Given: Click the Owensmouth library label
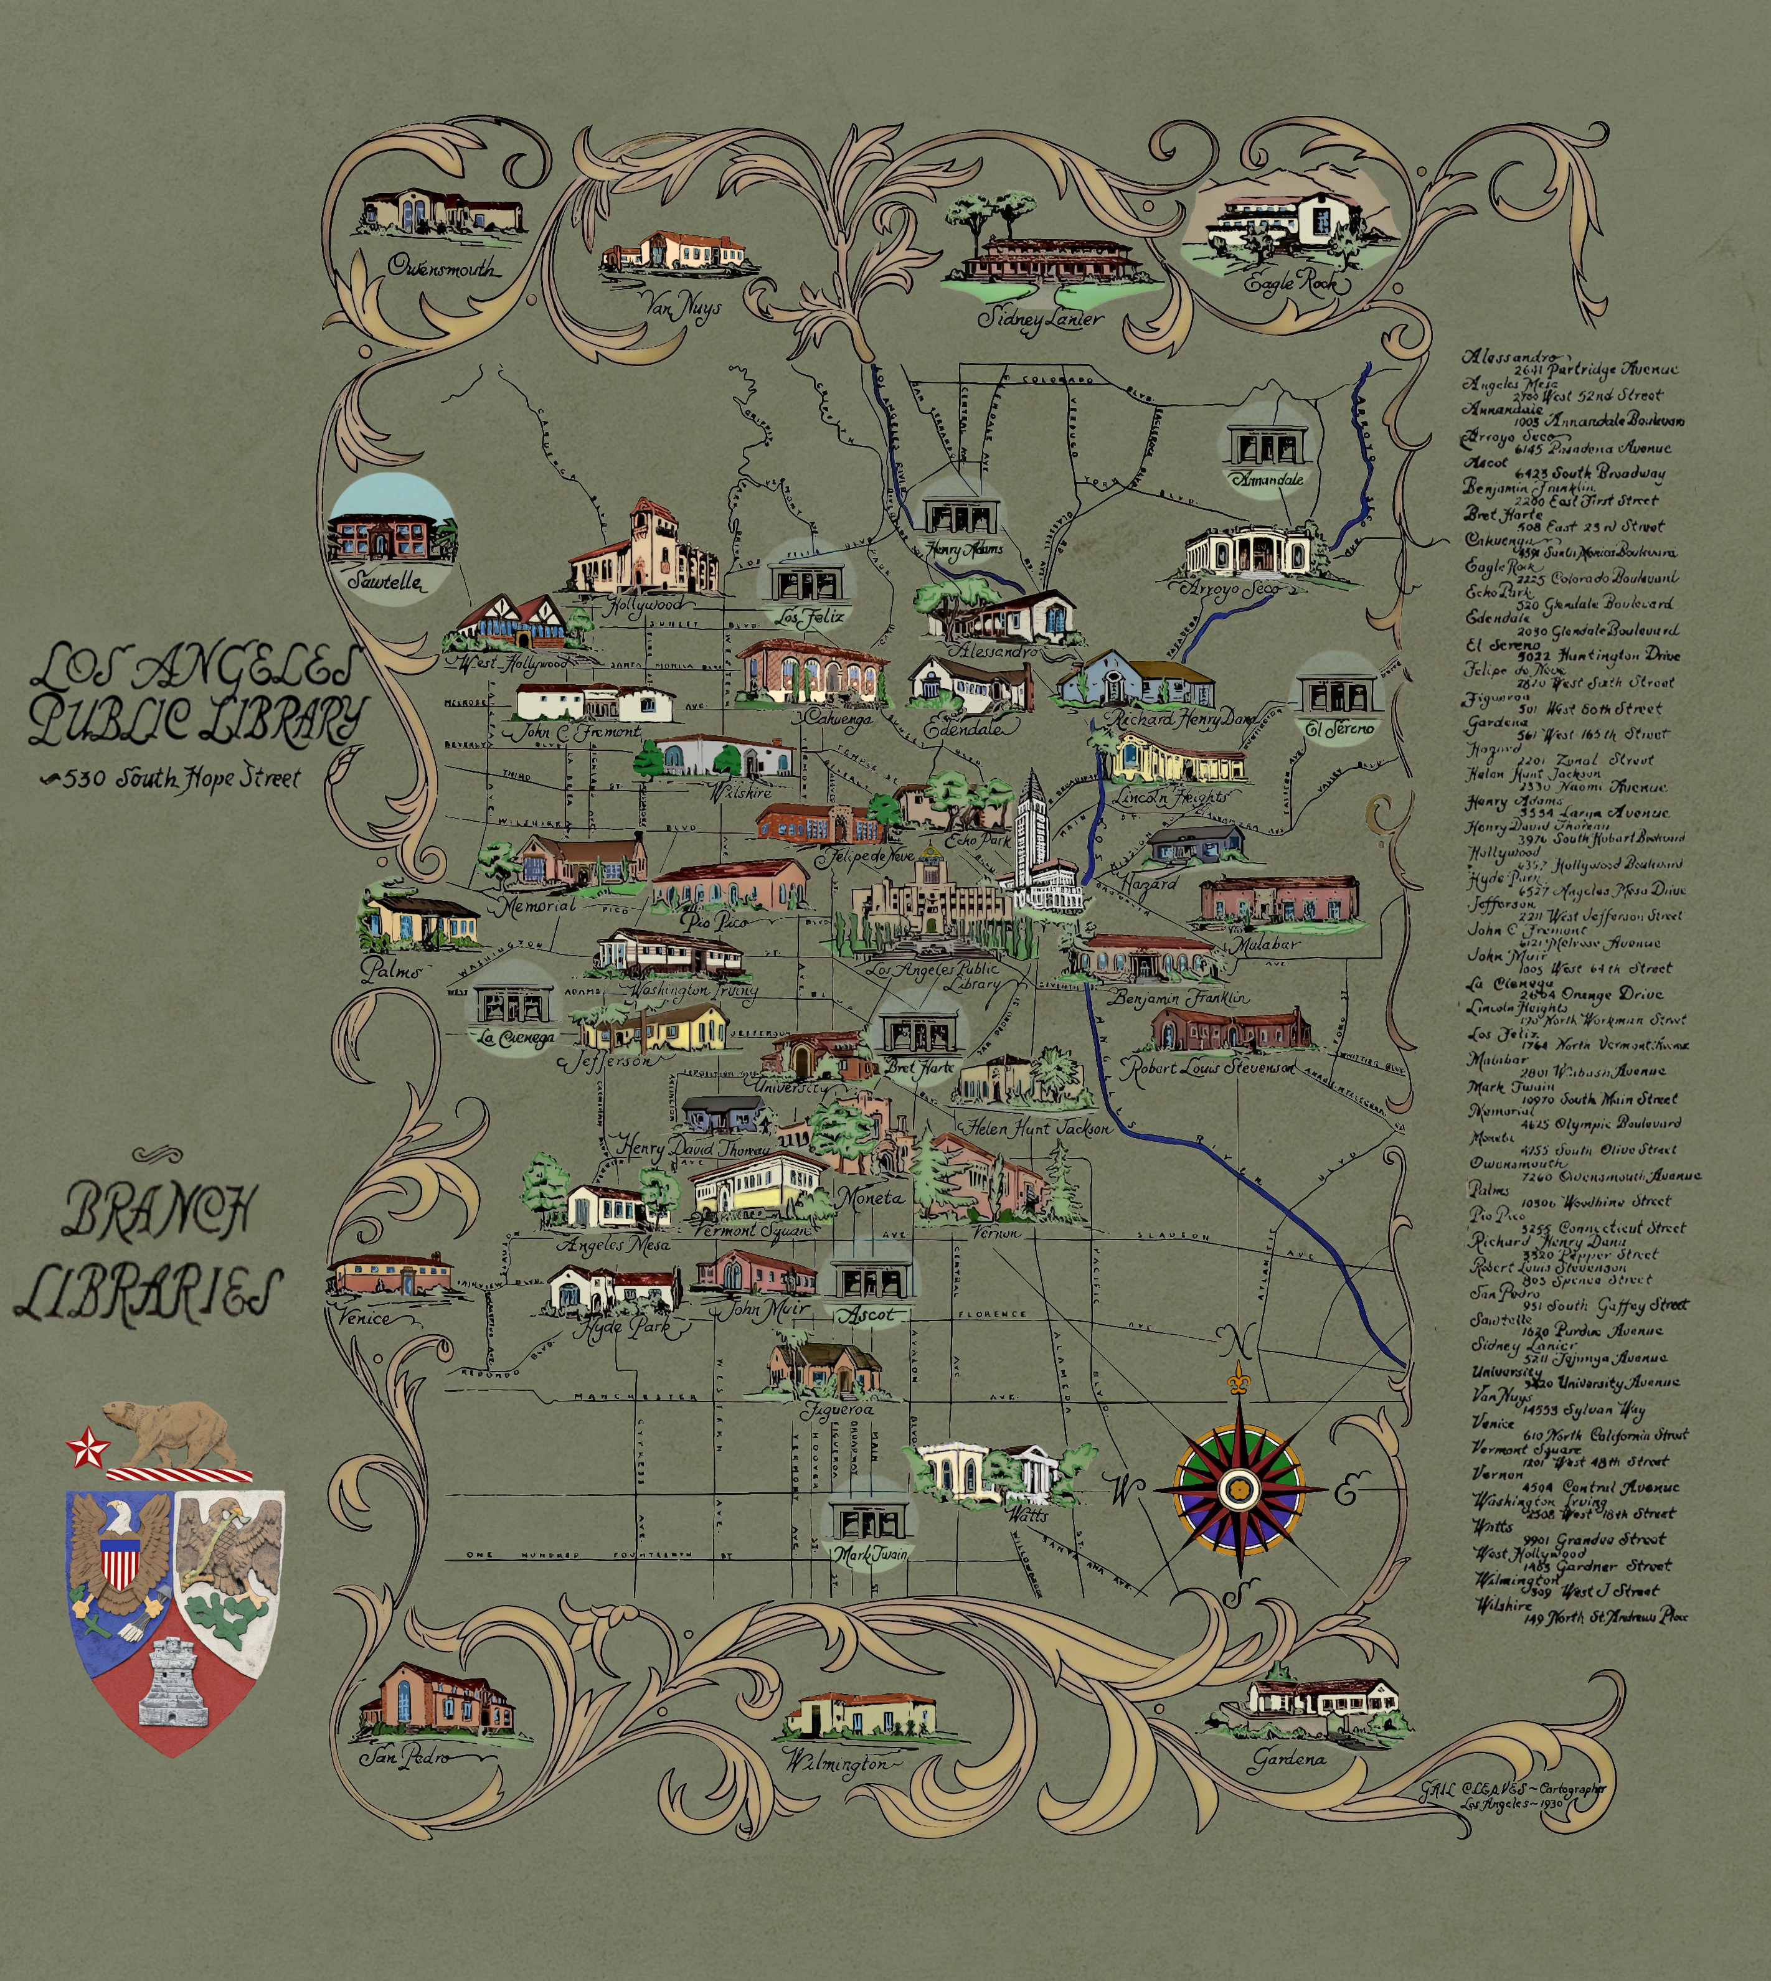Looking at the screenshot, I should (442, 266).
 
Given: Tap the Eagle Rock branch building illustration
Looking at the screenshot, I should (1289, 223).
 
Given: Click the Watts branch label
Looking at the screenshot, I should (1029, 1515).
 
